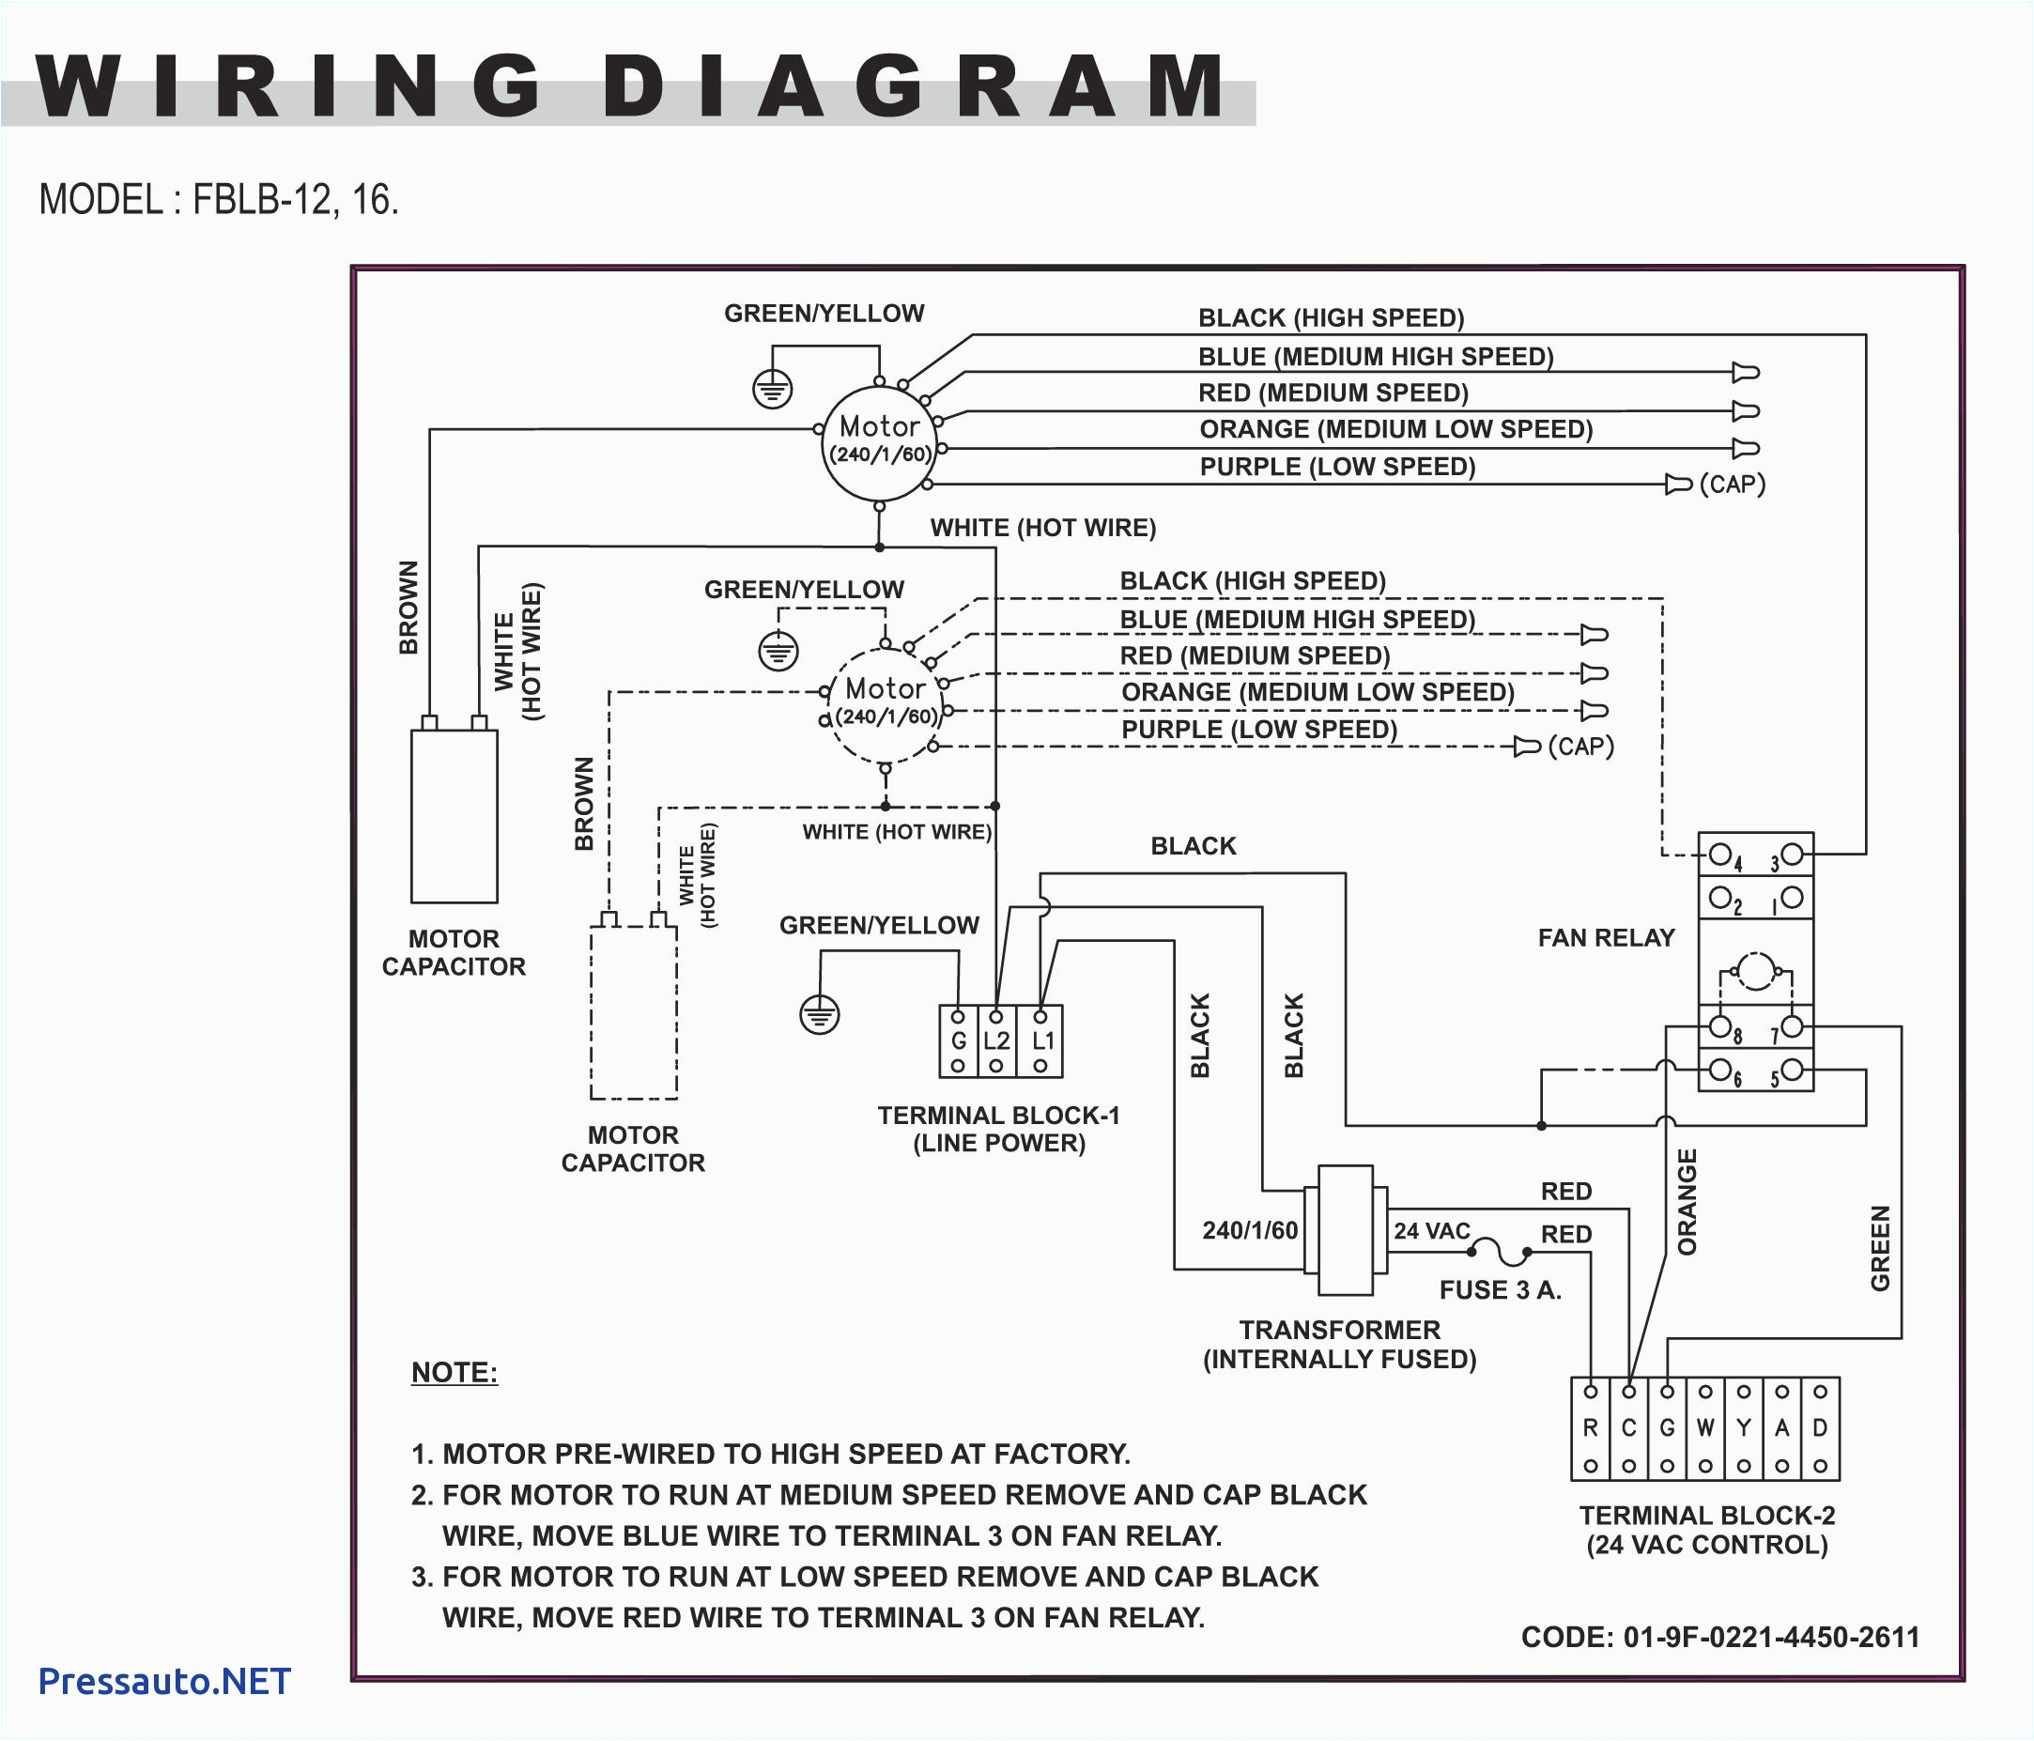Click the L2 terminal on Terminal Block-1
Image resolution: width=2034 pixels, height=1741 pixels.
(996, 1040)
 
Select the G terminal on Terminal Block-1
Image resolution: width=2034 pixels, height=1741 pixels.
(958, 1040)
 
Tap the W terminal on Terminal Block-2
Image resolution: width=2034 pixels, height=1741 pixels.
(1705, 1429)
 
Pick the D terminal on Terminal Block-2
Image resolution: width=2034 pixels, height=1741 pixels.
(1820, 1429)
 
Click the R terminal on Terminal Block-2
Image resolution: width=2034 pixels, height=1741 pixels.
(1590, 1429)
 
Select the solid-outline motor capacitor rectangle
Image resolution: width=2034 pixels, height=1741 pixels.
(454, 815)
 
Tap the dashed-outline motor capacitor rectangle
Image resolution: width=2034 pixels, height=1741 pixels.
(633, 1011)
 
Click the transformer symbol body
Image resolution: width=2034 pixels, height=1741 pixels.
(1345, 1231)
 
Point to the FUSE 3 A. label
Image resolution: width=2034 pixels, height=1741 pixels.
(1500, 1289)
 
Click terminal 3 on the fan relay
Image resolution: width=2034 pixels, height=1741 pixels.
(1792, 853)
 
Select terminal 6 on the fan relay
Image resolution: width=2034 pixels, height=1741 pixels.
(1719, 1069)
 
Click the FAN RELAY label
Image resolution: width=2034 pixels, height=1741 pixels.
(1606, 938)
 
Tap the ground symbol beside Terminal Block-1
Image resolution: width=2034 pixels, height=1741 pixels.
(820, 1015)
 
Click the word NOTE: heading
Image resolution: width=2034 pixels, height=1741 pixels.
(455, 1372)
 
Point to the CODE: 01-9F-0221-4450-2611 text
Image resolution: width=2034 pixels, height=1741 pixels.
(1719, 1637)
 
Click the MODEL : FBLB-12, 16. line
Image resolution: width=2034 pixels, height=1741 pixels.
(219, 200)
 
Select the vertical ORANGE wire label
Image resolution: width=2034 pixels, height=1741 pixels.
(1687, 1201)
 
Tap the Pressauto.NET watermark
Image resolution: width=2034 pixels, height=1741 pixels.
(164, 1681)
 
